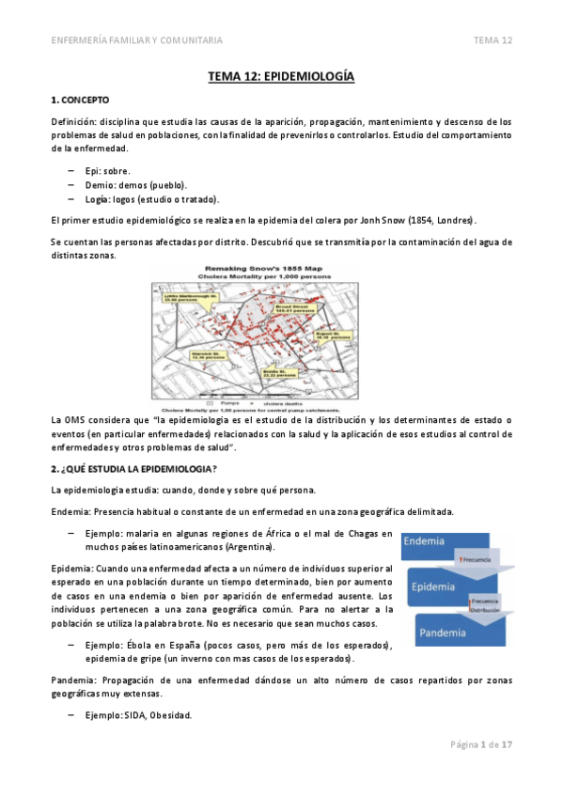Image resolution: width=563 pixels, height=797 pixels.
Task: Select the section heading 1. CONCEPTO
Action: pos(81,99)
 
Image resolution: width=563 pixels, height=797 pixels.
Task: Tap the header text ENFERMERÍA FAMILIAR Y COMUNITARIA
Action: pos(136,40)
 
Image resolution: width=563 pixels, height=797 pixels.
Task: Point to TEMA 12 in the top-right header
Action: pos(493,40)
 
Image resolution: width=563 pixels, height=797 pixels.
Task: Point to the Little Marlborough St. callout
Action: pos(189,297)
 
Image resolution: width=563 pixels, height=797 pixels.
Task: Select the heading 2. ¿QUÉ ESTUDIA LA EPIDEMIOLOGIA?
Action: pos(133,469)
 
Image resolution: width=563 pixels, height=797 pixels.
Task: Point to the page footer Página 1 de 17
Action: pos(479,744)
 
